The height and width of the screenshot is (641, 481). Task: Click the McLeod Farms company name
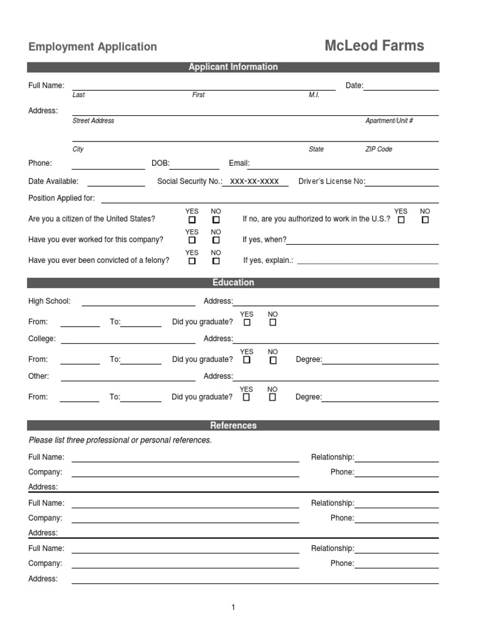(x=374, y=46)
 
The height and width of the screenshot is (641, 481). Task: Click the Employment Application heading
(x=93, y=47)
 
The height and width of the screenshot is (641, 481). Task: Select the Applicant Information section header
(x=233, y=67)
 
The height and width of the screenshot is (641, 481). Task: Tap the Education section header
(x=233, y=283)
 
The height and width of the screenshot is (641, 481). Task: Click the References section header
(x=233, y=426)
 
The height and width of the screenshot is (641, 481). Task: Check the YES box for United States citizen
(x=192, y=220)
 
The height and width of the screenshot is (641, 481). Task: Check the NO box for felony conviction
(x=216, y=261)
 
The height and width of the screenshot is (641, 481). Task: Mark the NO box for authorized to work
(x=425, y=220)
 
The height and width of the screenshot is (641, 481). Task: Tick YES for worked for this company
(x=192, y=240)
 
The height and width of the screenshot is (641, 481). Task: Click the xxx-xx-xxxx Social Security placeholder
(x=254, y=182)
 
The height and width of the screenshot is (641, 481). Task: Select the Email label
(x=239, y=163)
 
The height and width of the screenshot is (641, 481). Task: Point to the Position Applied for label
(x=61, y=198)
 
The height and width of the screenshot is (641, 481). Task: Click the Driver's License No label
(x=331, y=182)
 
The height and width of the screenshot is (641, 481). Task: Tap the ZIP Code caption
(x=378, y=150)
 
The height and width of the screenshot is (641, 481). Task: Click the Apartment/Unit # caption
(x=389, y=121)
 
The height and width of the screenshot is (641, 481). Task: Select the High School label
(x=49, y=301)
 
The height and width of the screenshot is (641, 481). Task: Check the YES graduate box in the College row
(x=247, y=360)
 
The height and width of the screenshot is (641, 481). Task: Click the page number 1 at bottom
(x=233, y=607)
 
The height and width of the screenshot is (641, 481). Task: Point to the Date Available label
(x=53, y=182)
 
